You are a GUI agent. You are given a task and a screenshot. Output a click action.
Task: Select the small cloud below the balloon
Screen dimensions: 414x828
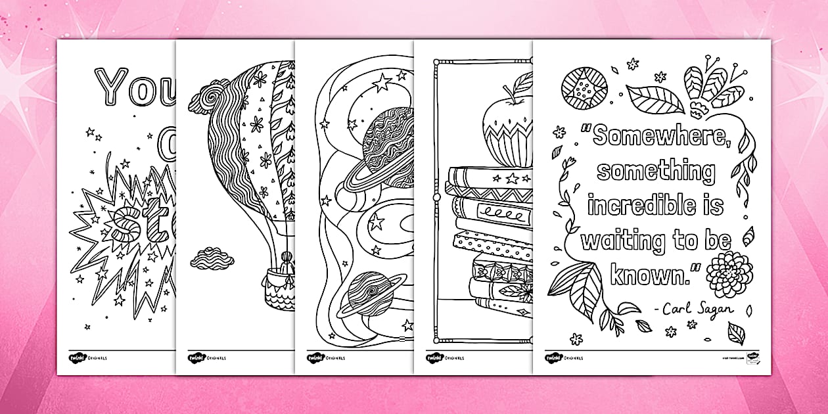[212, 258]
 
